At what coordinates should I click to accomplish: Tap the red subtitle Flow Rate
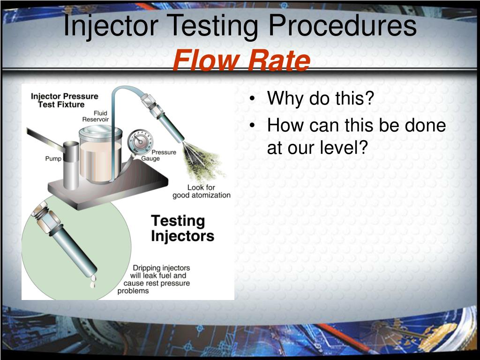click(x=241, y=61)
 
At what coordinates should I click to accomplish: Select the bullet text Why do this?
click(x=320, y=99)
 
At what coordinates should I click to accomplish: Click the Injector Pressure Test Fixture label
click(x=65, y=100)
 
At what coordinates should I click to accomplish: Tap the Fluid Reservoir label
click(x=96, y=116)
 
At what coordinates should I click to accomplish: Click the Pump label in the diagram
click(x=53, y=158)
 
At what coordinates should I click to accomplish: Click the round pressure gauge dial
click(x=140, y=140)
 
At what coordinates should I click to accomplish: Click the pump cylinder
click(x=71, y=164)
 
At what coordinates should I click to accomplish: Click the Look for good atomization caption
click(x=202, y=191)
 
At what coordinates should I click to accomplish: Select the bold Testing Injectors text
click(x=182, y=228)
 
